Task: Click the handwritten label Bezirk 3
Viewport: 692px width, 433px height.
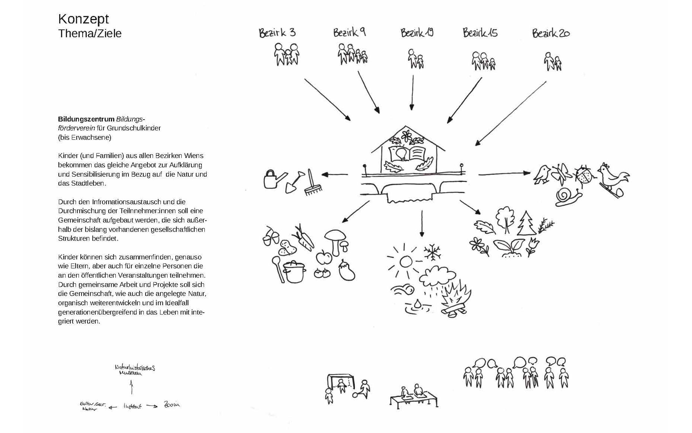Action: [277, 33]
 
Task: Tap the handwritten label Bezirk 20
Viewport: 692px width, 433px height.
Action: [551, 33]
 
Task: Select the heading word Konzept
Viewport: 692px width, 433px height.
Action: [83, 19]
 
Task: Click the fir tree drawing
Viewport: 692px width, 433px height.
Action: [526, 223]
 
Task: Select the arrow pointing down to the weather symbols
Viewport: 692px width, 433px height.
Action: [422, 223]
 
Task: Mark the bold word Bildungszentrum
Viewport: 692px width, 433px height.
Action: [86, 119]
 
